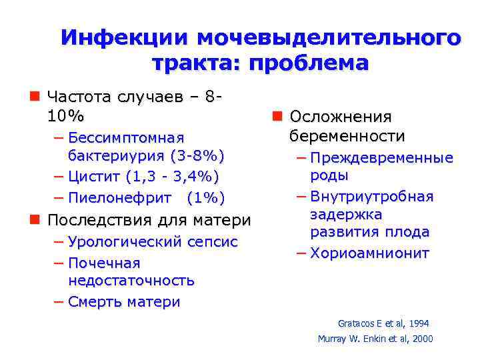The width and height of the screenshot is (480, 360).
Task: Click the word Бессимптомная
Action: pos(126,138)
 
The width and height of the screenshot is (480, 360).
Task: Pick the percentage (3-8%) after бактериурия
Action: pos(197,156)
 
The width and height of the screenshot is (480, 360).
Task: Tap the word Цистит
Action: pos(94,177)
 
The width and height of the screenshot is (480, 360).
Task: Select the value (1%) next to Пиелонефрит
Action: pos(206,198)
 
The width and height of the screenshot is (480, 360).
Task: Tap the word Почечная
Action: pos(105,263)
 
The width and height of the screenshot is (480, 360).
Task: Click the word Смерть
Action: pos(95,302)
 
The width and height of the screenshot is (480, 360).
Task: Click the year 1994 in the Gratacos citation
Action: pos(418,323)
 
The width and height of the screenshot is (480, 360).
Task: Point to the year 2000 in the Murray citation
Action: pos(421,339)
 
